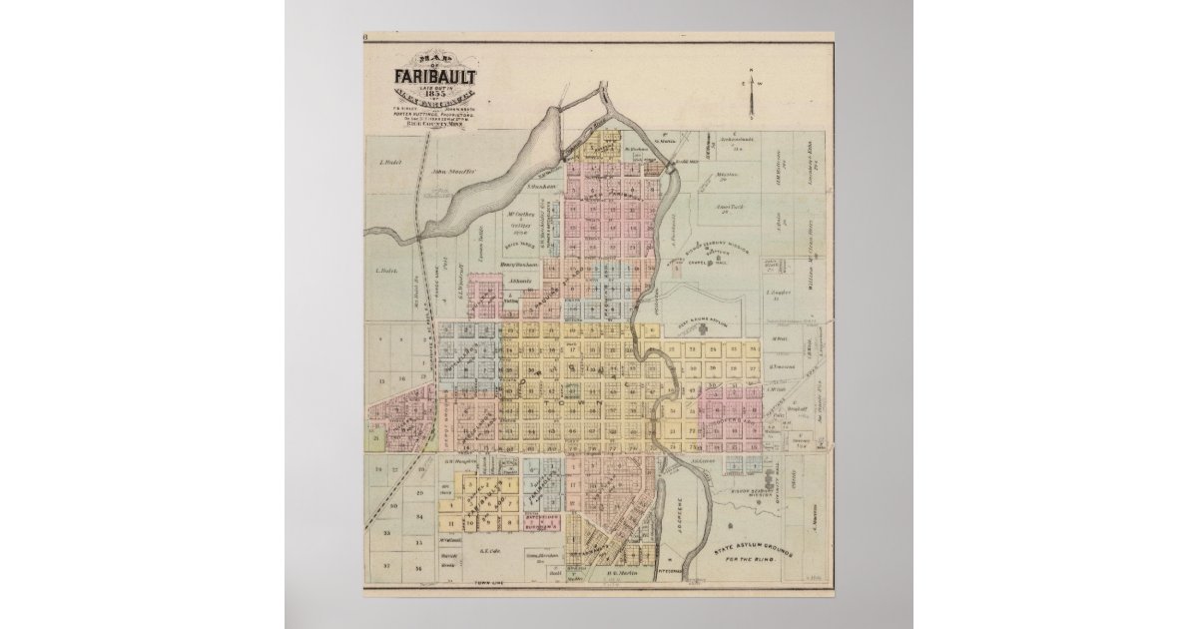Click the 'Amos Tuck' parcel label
click(x=731, y=208)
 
